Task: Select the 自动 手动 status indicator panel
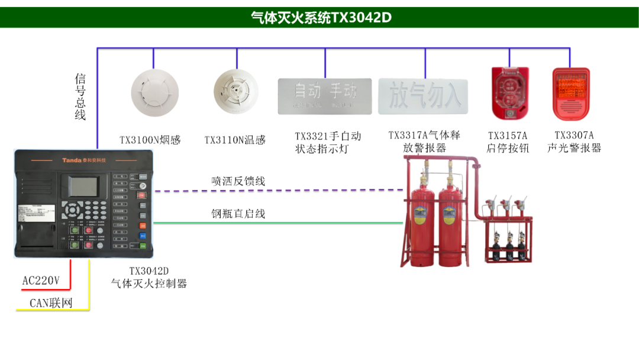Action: point(325,96)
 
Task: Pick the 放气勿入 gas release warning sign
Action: point(423,96)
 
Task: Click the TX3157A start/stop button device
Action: point(509,93)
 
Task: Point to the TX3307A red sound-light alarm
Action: point(571,93)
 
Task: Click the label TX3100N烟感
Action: point(150,140)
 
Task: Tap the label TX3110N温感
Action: point(235,140)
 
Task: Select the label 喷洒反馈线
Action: point(238,181)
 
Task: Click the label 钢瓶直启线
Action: point(238,214)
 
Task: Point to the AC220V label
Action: point(41,281)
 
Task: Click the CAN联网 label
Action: point(51,304)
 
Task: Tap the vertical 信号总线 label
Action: point(80,97)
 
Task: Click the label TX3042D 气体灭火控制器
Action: point(149,278)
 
